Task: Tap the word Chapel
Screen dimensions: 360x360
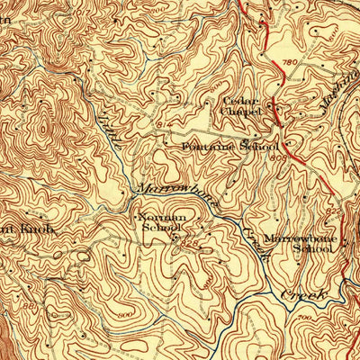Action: [247, 112]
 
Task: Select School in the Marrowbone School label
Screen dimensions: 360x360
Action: [307, 248]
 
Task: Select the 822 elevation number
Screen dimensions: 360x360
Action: [334, 209]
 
